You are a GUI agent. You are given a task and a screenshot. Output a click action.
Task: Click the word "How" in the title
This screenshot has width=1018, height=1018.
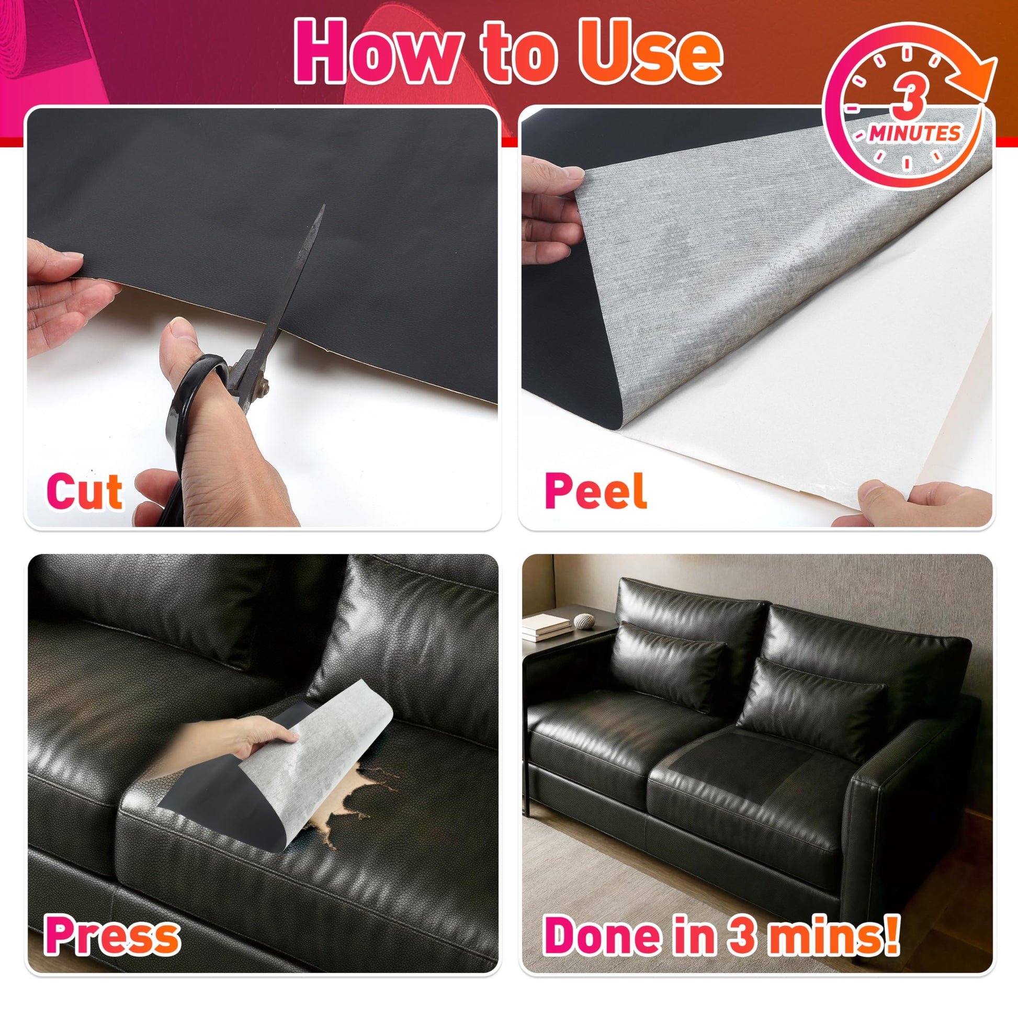tap(379, 51)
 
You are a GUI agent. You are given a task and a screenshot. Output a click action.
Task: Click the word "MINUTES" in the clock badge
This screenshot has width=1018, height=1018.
tap(915, 133)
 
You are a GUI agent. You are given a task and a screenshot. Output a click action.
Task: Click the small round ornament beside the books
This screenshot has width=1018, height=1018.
tap(584, 621)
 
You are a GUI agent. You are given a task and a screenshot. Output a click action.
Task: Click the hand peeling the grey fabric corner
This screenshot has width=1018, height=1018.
tap(548, 206)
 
